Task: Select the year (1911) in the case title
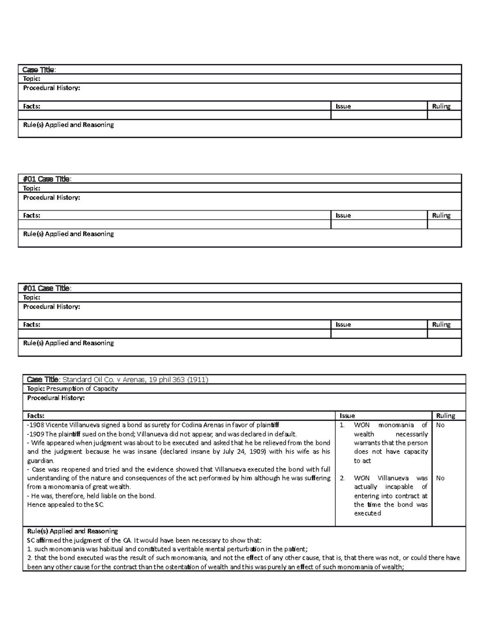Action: coord(198,379)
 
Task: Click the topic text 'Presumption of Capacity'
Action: coord(82,388)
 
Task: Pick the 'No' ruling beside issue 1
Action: coord(440,425)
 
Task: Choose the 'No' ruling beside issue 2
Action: coord(440,478)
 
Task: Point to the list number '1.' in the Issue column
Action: coord(342,425)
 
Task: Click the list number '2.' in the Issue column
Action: coord(342,478)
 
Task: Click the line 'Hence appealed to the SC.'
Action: coord(65,505)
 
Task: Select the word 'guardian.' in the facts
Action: coord(41,460)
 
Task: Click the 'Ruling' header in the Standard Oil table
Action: coord(446,415)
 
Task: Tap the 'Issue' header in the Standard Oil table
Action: coord(347,415)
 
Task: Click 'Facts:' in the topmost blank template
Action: coord(32,106)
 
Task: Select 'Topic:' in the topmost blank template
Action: coord(32,79)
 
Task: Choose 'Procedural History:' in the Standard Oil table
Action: coord(56,398)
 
